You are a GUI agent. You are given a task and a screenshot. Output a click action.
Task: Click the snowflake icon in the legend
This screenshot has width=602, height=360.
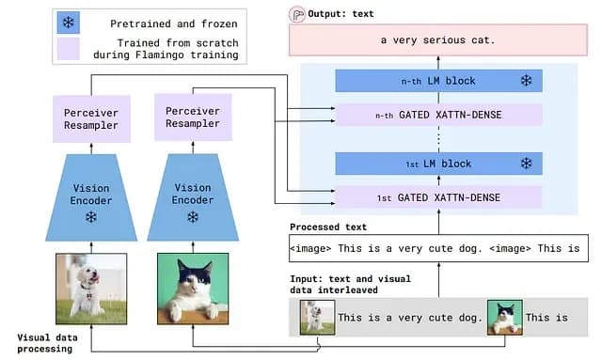click(x=69, y=23)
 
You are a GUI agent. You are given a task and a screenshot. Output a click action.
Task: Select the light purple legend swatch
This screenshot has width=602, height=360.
click(x=69, y=49)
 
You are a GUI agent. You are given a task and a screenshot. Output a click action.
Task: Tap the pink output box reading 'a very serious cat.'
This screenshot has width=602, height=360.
click(x=438, y=39)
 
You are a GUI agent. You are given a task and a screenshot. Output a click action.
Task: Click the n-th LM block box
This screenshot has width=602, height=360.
click(x=439, y=81)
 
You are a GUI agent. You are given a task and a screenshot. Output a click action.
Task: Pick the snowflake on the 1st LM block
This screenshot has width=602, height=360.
click(x=526, y=164)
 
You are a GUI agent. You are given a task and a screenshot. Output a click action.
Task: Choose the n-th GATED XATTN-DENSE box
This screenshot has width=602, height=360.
click(x=439, y=115)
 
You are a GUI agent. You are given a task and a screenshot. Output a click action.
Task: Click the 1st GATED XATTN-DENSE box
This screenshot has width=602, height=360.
click(x=439, y=197)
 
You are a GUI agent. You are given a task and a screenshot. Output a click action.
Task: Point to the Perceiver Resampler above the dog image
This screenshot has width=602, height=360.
click(x=91, y=119)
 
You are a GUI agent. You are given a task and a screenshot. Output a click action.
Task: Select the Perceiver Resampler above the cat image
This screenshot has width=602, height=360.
click(x=193, y=117)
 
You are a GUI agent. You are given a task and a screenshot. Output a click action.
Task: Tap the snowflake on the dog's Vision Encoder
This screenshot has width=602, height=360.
click(x=91, y=217)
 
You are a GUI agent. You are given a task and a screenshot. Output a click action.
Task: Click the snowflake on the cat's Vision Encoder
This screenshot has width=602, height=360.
click(x=193, y=217)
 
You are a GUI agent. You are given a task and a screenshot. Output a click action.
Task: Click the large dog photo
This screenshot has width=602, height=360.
click(x=91, y=289)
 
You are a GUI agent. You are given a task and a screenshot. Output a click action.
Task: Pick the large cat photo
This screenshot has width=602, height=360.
click(x=193, y=289)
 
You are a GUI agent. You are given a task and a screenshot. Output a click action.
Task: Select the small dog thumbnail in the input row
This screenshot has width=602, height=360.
click(x=317, y=318)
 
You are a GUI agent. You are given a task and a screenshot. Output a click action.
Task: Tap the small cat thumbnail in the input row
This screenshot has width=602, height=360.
click(x=505, y=318)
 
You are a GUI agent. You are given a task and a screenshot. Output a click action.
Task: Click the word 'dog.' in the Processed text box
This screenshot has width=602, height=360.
click(x=470, y=249)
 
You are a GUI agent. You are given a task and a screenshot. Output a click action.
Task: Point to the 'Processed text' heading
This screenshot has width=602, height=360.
click(x=328, y=227)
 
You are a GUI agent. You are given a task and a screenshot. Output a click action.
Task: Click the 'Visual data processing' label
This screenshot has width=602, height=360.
click(x=47, y=343)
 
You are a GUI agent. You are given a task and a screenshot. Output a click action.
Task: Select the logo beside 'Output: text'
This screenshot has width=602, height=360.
click(x=297, y=15)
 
